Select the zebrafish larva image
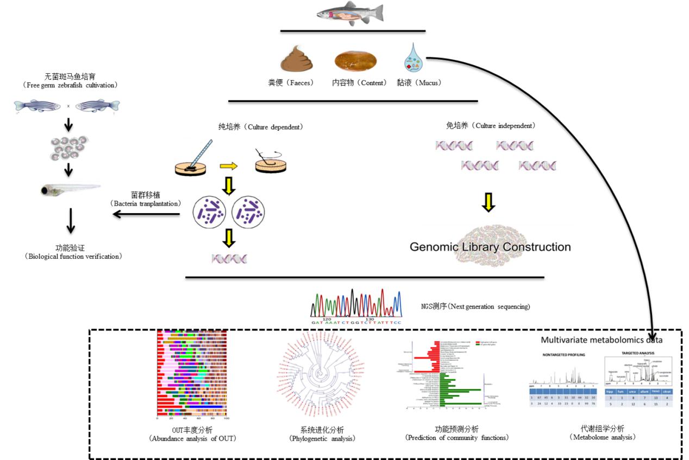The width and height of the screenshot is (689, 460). click(x=71, y=189)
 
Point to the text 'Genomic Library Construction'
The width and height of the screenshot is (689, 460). click(x=490, y=247)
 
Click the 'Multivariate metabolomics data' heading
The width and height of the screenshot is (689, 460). click(x=601, y=341)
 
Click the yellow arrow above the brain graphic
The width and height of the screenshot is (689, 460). click(x=489, y=202)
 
